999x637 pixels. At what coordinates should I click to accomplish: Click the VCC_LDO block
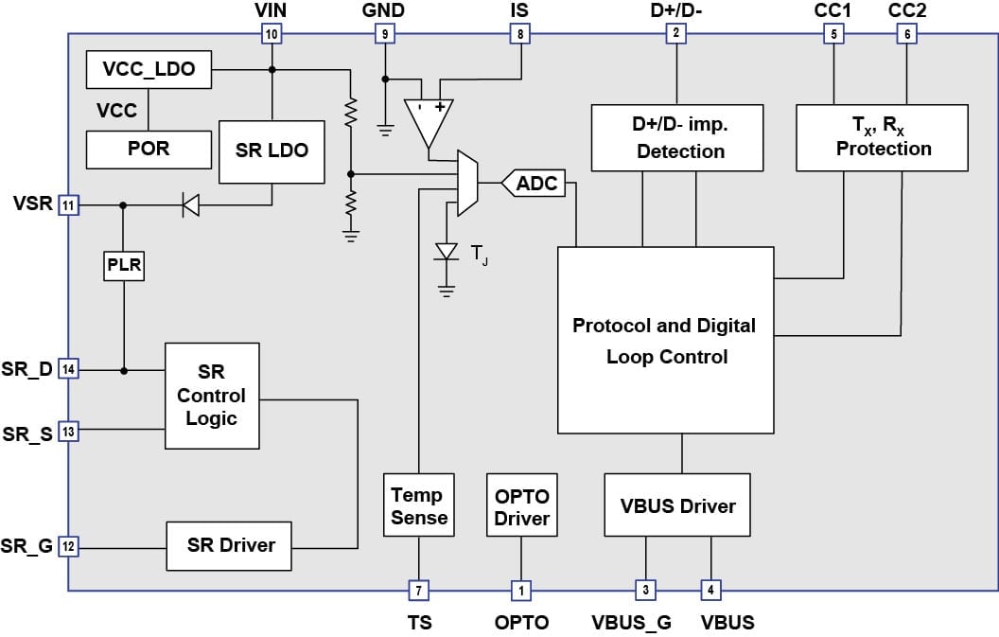149,69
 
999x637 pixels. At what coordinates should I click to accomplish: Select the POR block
149,149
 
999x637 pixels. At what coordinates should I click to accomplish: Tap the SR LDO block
272,150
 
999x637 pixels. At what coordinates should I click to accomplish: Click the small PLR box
124,266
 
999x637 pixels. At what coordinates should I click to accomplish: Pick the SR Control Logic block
212,396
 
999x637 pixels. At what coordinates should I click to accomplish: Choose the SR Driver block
229,545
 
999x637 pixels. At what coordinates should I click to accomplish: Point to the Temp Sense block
417,506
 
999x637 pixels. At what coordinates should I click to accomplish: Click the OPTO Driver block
521,506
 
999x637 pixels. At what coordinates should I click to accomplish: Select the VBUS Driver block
678,506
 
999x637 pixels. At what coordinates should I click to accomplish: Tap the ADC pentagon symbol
535,184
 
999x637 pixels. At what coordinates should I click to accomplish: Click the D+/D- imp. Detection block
677,137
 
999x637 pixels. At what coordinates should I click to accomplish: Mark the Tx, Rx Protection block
882,137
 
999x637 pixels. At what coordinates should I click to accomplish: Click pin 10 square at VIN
272,35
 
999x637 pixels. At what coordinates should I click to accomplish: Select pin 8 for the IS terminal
519,35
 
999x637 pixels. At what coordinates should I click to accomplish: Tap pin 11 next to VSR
67,203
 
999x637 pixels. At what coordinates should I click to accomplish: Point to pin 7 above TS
417,591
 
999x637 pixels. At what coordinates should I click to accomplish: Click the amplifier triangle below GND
428,118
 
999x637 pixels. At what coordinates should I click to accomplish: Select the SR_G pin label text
27,546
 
